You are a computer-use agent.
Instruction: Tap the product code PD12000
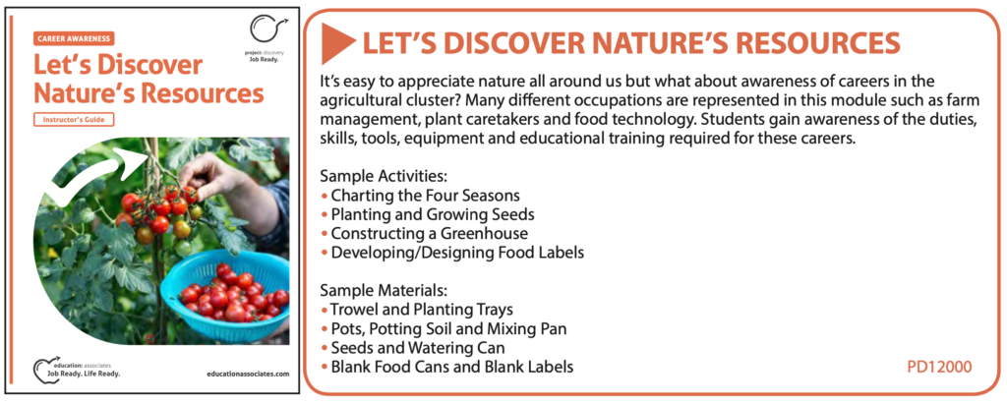coord(939,367)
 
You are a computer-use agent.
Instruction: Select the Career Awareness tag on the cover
coord(74,38)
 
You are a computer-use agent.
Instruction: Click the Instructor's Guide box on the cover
coord(74,119)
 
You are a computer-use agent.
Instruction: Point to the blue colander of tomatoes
coord(225,295)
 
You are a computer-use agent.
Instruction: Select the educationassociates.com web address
coord(249,374)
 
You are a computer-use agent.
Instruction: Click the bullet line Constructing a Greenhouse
coord(424,233)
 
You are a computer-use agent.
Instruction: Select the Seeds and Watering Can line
coord(412,348)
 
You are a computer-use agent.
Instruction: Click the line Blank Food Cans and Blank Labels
coord(446,367)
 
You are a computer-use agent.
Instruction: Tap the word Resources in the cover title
coord(204,93)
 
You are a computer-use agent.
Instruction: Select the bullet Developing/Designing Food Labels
coord(452,253)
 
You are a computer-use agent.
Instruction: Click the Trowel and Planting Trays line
coord(416,310)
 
